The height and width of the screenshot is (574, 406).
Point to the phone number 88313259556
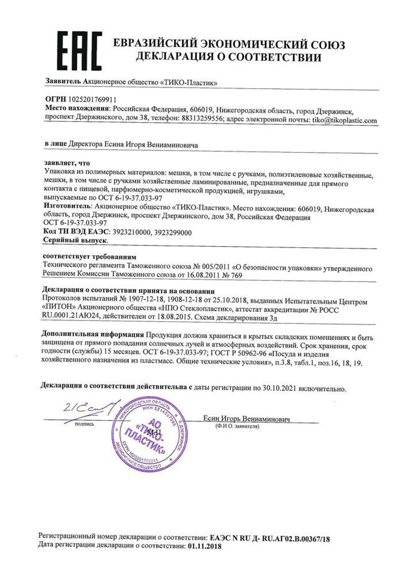click(x=200, y=121)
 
